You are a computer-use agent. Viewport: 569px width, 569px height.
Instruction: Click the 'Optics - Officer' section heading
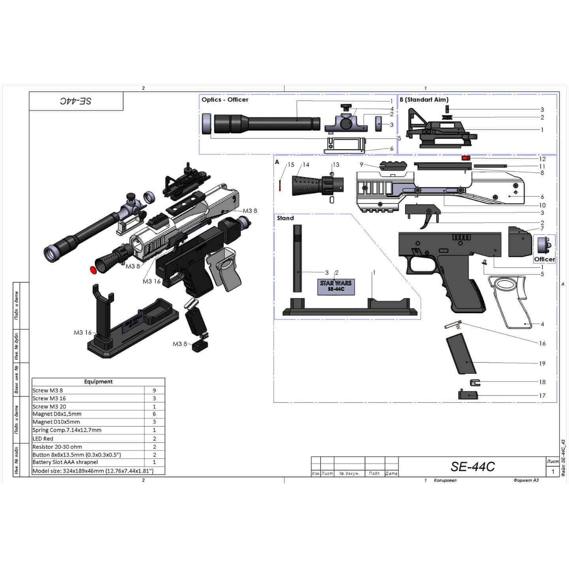[225, 100]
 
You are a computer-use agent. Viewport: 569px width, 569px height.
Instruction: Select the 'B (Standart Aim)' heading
[424, 100]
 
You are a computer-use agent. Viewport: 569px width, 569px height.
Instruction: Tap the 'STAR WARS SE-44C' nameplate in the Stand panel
[335, 286]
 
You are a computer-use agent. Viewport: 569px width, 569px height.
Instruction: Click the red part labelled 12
[466, 158]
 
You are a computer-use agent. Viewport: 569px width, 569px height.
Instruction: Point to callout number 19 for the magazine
[542, 364]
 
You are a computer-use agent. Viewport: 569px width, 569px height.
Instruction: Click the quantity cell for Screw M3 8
[154, 390]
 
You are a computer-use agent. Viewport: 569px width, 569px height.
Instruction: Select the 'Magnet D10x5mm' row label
[56, 422]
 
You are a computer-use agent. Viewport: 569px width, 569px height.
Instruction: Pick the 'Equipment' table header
[98, 382]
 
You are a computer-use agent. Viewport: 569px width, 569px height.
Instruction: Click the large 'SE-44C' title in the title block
[473, 467]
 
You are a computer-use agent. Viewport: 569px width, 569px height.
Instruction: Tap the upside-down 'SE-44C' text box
[76, 101]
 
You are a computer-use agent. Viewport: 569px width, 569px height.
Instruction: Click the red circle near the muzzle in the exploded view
[94, 270]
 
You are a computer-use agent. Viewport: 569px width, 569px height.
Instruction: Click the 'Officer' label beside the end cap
[544, 259]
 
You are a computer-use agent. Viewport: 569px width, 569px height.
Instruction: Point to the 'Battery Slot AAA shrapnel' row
[65, 462]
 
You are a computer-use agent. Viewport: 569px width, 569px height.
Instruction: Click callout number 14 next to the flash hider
[306, 165]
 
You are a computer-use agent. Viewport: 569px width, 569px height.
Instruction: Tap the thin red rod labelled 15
[280, 185]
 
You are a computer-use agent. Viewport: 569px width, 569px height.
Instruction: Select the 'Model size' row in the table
[93, 471]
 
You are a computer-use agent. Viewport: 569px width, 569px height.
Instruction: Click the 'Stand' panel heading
[285, 218]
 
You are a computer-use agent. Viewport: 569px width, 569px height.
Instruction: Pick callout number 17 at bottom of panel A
[542, 396]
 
